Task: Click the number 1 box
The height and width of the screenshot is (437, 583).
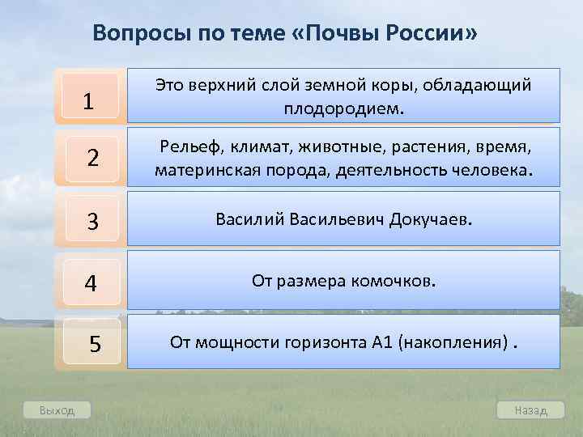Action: [88, 101]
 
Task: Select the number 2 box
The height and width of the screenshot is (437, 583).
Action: [91, 158]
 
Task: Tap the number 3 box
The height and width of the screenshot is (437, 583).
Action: [91, 220]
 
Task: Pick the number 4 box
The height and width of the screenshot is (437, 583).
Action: [91, 283]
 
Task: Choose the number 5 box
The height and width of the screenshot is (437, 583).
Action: [93, 344]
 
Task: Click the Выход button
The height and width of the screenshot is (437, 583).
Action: [57, 410]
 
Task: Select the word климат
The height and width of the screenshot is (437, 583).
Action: [257, 146]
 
